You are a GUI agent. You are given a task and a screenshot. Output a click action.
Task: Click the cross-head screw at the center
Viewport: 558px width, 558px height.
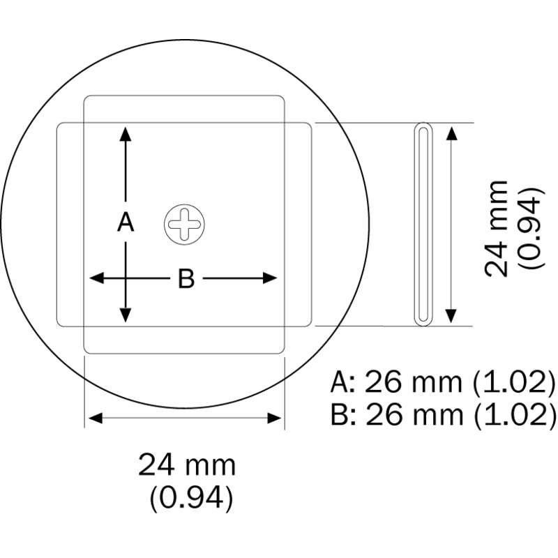pyautogui.click(x=184, y=225)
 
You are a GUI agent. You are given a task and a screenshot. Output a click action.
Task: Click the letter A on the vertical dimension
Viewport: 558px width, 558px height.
pyautogui.click(x=126, y=222)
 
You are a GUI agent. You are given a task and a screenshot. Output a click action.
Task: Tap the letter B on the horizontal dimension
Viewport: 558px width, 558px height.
pyautogui.click(x=186, y=278)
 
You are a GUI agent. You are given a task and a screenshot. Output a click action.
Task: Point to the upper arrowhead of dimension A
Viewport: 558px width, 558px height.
pyautogui.click(x=126, y=134)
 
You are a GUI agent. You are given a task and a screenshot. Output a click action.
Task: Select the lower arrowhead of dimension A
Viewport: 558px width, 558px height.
pyautogui.click(x=126, y=315)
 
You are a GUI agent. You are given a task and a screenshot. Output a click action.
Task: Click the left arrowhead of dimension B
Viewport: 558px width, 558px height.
pyautogui.click(x=96, y=278)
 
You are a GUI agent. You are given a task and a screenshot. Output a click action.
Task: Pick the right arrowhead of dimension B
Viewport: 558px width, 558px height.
pyautogui.click(x=270, y=278)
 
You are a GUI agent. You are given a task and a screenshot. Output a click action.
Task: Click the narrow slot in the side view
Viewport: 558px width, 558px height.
pyautogui.click(x=423, y=225)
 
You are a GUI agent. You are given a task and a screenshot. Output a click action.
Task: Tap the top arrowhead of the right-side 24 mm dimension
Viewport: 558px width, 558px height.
pyautogui.click(x=451, y=133)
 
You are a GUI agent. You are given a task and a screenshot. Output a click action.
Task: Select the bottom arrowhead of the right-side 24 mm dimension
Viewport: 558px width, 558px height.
pyautogui.click(x=451, y=316)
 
